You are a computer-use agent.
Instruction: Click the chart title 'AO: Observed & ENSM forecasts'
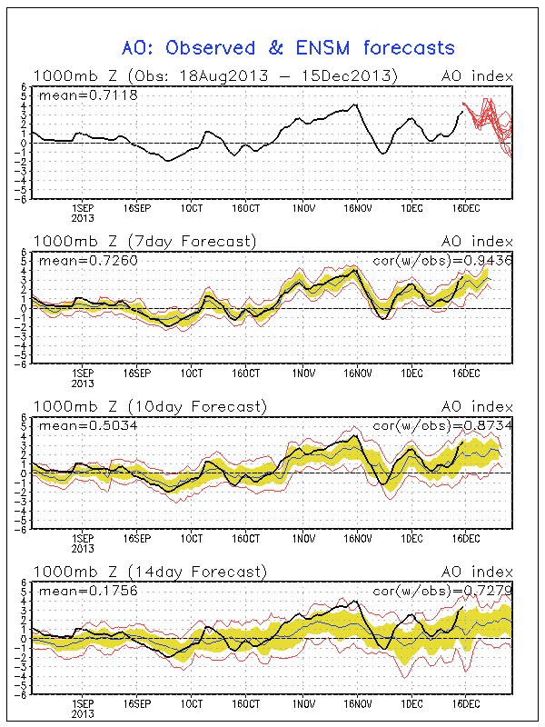pyautogui.click(x=289, y=47)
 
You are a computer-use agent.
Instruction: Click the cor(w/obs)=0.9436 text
pyautogui.click(x=443, y=261)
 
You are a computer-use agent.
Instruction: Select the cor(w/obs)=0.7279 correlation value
pyautogui.click(x=443, y=591)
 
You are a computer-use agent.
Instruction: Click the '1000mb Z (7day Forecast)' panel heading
pyautogui.click(x=145, y=241)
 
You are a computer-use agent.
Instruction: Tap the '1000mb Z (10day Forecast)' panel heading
pyautogui.click(x=149, y=406)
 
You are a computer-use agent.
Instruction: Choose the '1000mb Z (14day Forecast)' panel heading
pyautogui.click(x=149, y=572)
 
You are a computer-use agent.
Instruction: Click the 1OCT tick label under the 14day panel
pyautogui.click(x=192, y=703)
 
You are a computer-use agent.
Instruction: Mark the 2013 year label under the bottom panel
pyautogui.click(x=82, y=714)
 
